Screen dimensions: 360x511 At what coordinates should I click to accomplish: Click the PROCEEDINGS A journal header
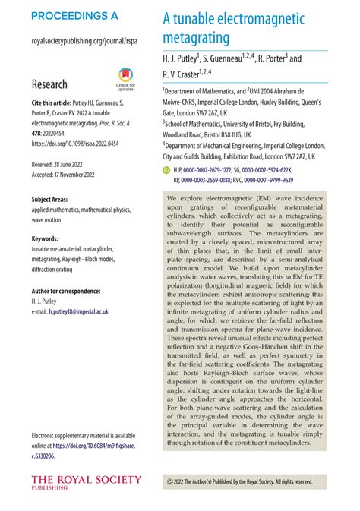pyautogui.click(x=74, y=15)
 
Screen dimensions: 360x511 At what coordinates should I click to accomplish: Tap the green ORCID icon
pyautogui.click(x=168, y=172)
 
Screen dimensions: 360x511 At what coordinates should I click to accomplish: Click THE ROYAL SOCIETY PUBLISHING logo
pyautogui.click(x=86, y=481)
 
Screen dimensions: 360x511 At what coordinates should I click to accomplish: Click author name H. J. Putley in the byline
pyautogui.click(x=179, y=58)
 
